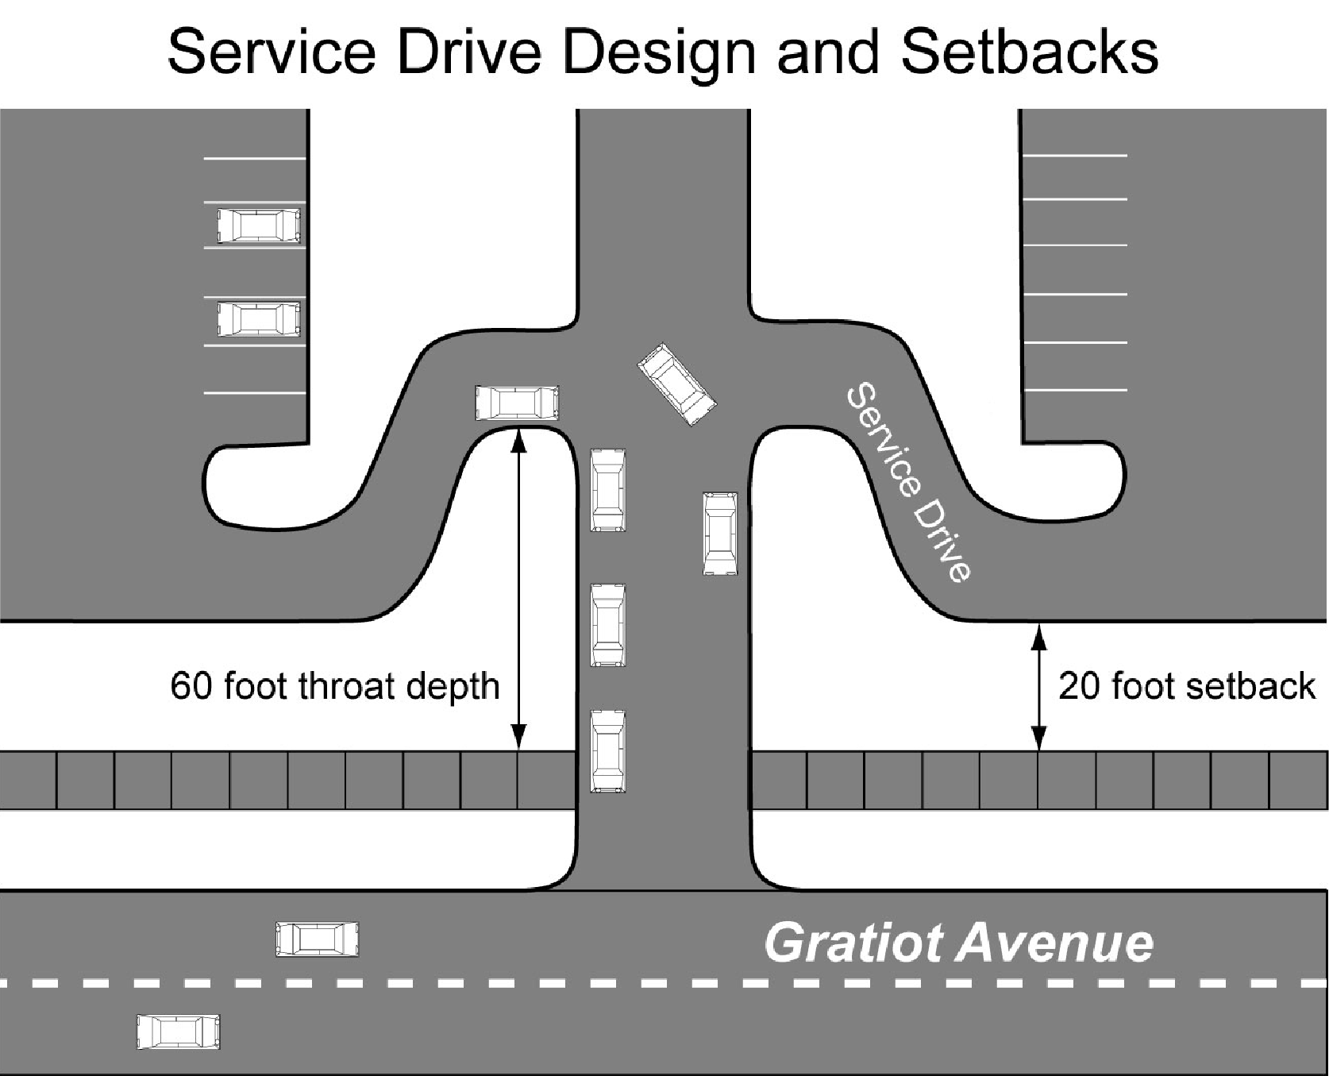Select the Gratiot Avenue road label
pos(958,943)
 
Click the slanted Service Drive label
pos(910,484)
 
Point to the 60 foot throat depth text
pos(335,686)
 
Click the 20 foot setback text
pos(1187,686)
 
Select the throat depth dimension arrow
pos(518,589)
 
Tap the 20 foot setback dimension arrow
pos(1038,687)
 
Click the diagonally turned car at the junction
pos(677,384)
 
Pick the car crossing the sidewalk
pos(608,752)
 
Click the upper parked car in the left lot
pos(260,226)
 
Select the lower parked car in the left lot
pos(260,319)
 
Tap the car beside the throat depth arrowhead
pos(517,403)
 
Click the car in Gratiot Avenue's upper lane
pos(317,939)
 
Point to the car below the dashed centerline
pos(178,1032)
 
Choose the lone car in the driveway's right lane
pos(720,534)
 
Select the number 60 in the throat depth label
pos(191,686)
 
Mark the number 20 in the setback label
pos(1079,686)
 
